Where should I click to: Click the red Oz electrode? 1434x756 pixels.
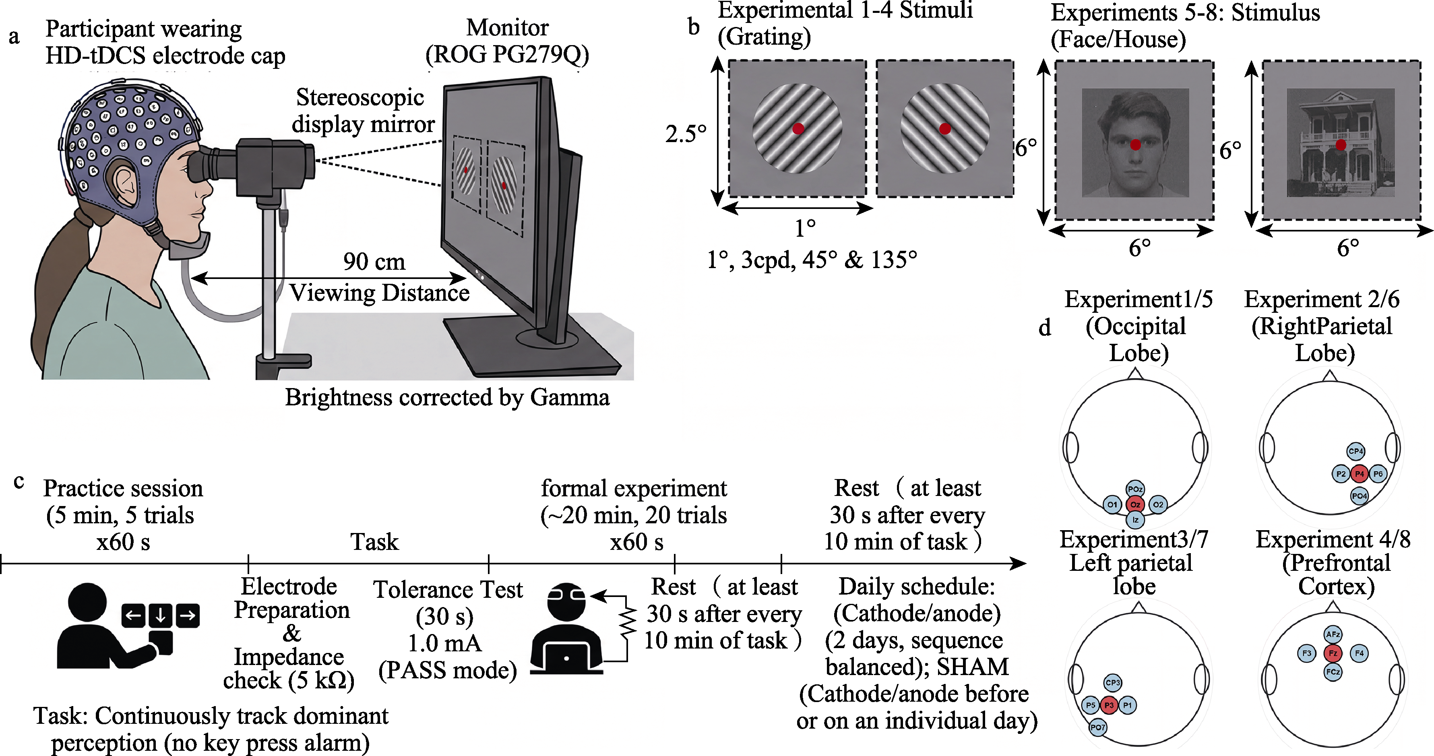coord(1135,504)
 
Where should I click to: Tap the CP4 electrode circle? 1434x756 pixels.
coord(1355,451)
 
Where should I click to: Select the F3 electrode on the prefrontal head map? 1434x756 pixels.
coord(1306,653)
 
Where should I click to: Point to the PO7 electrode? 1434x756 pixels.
coord(1098,727)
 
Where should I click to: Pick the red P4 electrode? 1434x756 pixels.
coord(1360,474)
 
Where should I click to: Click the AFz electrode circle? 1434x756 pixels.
coord(1333,634)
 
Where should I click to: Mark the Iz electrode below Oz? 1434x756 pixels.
coord(1135,520)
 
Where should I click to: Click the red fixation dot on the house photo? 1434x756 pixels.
coord(1341,145)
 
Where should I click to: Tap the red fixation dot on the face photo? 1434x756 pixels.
coord(1135,145)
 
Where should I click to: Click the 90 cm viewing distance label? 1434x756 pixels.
coord(374,262)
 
